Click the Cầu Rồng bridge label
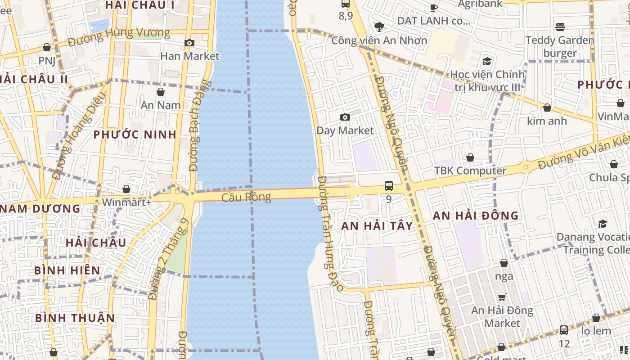pos(246,197)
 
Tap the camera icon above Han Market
pos(189,43)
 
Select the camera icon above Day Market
pos(345,117)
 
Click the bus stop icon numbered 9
pos(388,186)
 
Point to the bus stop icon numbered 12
pos(564,330)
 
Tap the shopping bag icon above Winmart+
pos(126,189)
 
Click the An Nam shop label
pos(161,105)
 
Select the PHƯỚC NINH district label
pos(135,135)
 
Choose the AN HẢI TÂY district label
pos(377,226)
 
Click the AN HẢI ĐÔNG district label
pos(476,216)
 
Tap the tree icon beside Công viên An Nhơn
pos(379,27)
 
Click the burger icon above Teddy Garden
pos(560,27)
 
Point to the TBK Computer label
pos(470,171)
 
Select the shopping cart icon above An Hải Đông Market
pos(502,297)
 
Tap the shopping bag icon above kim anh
pos(547,108)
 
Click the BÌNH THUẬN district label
pos(75,318)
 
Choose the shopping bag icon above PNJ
pos(47,48)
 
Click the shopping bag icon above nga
pos(504,263)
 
